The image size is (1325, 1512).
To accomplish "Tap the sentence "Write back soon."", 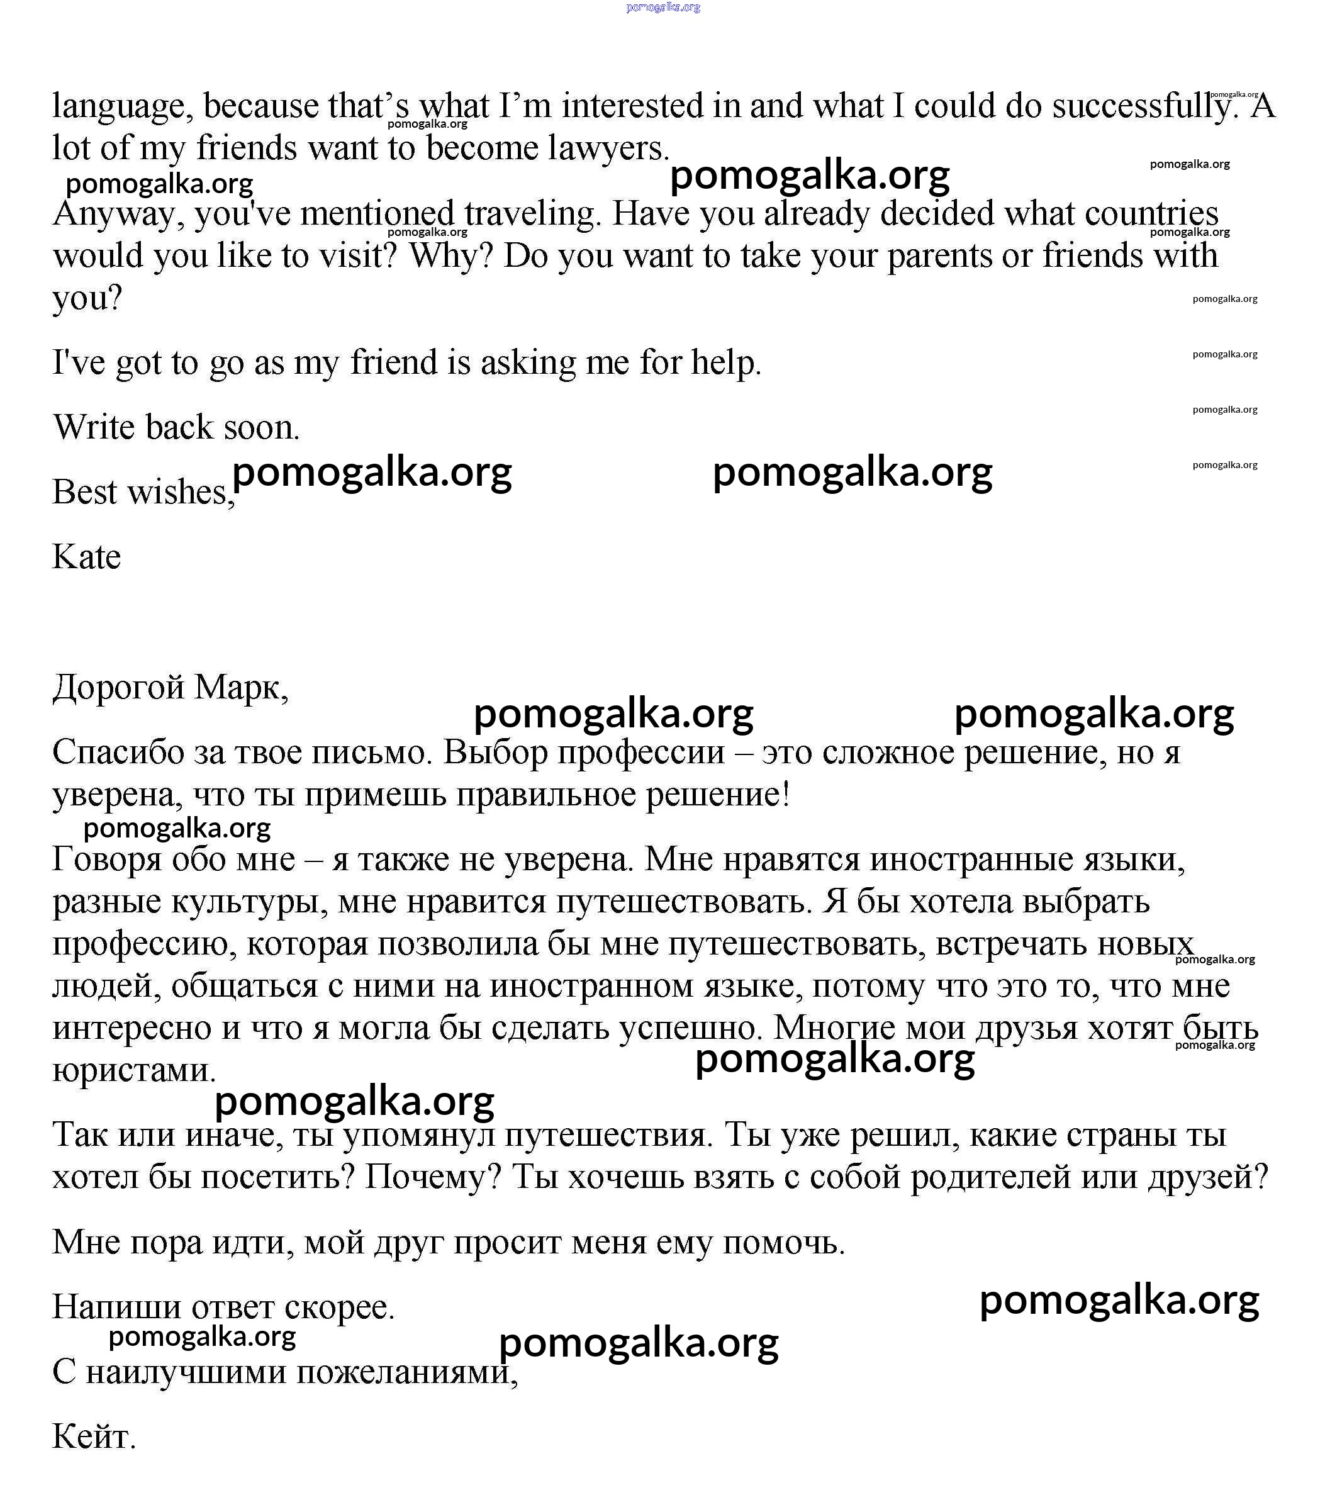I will (x=176, y=427).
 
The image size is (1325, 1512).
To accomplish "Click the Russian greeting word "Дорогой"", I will (x=118, y=688).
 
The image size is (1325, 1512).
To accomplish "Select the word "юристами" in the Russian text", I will (x=133, y=1070).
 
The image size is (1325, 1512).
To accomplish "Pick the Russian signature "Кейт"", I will (x=92, y=1436).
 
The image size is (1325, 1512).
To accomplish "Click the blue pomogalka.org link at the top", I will (x=662, y=8).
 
